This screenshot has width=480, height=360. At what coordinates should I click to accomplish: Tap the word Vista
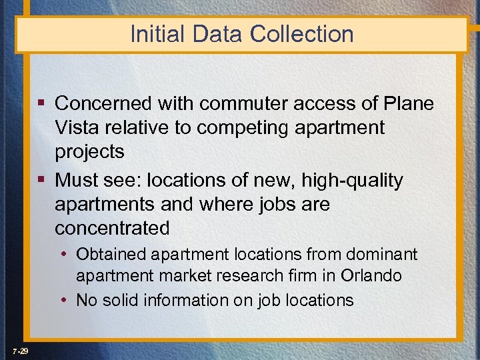pyautogui.click(x=79, y=127)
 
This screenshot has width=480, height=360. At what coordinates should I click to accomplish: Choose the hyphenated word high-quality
pyautogui.click(x=353, y=180)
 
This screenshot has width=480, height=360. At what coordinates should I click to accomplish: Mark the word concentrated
pyautogui.click(x=112, y=228)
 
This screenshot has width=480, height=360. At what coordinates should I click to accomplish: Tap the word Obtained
pyautogui.click(x=110, y=254)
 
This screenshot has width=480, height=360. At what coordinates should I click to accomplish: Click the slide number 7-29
pyautogui.click(x=19, y=351)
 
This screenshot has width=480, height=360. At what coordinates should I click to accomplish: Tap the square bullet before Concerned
pyautogui.click(x=41, y=104)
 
